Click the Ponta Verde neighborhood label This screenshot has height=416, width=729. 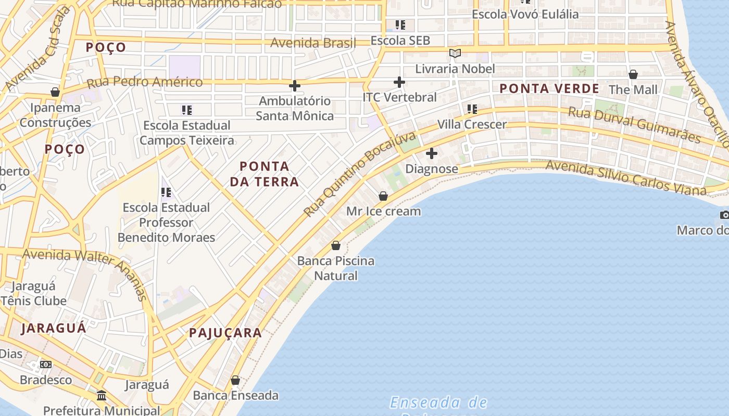pos(549,88)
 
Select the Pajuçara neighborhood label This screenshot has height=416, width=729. pos(225,333)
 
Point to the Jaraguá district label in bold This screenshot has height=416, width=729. pos(54,328)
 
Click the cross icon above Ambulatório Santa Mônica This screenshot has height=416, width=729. pos(295,86)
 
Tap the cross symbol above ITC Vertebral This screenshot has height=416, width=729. pos(399,82)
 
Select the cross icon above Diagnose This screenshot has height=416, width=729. pos(432,153)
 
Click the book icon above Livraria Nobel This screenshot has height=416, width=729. pos(455,53)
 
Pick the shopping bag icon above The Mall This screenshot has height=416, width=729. pos(633,74)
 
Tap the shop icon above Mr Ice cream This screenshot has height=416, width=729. pos(383,196)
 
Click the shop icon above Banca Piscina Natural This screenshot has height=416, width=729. pos(336,245)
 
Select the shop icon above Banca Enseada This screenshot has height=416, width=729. pos(235,380)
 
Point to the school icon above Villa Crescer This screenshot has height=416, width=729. pos(472,109)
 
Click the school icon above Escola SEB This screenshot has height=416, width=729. pos(400,25)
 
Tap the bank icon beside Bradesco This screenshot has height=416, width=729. pos(46,365)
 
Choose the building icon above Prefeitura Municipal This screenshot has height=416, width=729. pos(102,396)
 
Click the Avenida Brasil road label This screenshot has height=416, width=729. pos(313,43)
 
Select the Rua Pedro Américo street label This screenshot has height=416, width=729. pos(144,82)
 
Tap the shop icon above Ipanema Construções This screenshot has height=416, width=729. pos(55,93)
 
